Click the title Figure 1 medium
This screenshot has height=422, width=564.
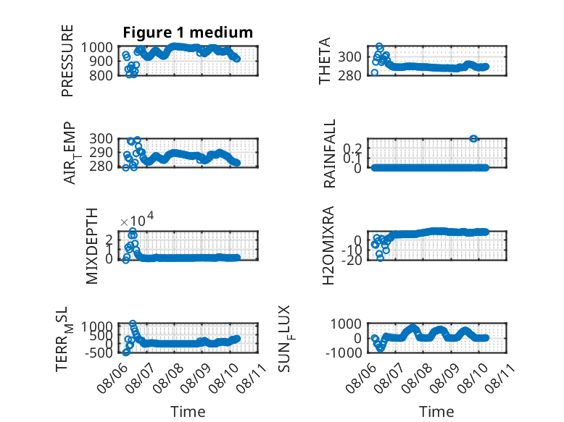188,33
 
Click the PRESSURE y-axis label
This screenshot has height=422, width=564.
67,61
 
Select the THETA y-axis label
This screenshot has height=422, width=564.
325,61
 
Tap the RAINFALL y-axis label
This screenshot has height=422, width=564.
329,153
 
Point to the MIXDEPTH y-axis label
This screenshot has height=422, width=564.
92,246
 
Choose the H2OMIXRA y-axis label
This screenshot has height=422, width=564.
328,245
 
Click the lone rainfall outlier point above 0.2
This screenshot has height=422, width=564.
473,139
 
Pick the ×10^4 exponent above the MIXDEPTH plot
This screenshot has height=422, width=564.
137,219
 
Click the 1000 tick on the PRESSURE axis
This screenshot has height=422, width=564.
96,47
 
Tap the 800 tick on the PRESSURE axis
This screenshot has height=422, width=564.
101,75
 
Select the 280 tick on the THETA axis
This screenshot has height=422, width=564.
349,75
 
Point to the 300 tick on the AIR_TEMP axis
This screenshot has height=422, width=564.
101,139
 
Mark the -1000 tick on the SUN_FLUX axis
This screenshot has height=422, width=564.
344,353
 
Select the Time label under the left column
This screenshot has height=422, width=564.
188,412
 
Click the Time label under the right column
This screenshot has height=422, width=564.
436,412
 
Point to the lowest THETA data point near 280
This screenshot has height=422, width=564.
375,72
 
